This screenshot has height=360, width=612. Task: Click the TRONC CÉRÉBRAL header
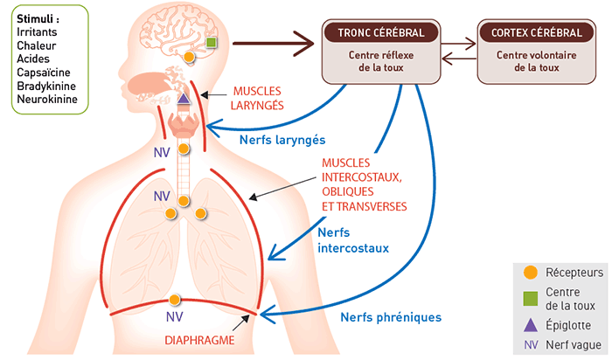381,33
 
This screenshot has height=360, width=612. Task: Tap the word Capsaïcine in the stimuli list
44,72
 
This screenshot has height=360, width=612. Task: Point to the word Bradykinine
45,86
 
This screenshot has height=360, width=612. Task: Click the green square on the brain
211,42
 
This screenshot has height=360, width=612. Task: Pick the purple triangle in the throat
184,99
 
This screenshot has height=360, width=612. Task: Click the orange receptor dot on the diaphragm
175,300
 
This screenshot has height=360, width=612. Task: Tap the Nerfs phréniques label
391,317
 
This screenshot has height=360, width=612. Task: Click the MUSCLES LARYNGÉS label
259,98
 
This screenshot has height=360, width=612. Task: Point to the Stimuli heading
37,16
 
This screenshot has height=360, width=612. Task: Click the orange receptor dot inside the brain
189,59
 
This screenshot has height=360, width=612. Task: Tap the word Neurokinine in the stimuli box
46,100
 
